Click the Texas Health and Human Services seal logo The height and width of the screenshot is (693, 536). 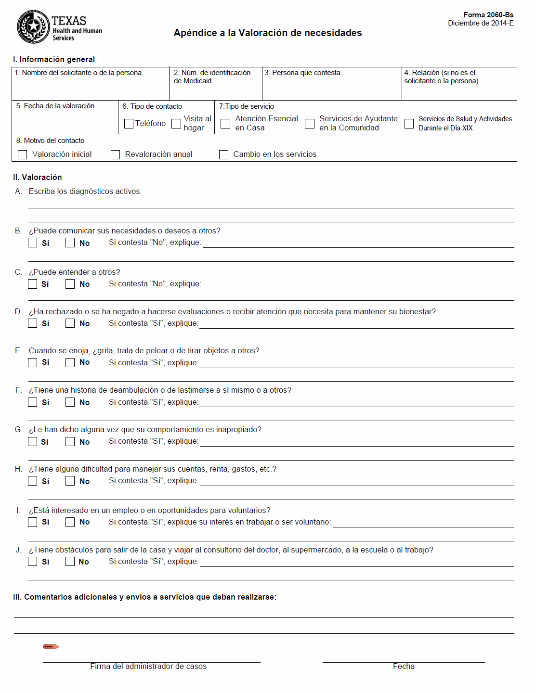33,27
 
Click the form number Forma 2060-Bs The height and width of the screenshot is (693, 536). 488,15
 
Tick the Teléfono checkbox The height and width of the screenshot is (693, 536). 129,124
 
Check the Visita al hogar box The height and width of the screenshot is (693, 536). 177,124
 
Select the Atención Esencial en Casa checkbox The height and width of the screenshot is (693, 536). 225,124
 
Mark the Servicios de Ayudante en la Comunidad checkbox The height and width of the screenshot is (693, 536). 310,124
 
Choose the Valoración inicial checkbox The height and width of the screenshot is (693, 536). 22,154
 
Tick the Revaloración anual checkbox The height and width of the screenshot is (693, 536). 115,154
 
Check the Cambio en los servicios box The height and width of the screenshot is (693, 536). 223,154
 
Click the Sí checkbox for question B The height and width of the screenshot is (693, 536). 33,243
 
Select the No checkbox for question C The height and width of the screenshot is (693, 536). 70,284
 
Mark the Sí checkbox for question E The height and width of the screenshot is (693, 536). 33,362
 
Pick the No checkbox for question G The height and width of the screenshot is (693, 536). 70,441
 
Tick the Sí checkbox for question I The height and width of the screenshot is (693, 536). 33,522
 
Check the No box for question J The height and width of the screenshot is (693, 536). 70,562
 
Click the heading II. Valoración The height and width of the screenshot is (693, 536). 38,177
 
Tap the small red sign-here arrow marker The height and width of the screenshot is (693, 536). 51,646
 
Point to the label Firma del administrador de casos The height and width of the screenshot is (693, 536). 148,666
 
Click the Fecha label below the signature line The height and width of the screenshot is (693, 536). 404,666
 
